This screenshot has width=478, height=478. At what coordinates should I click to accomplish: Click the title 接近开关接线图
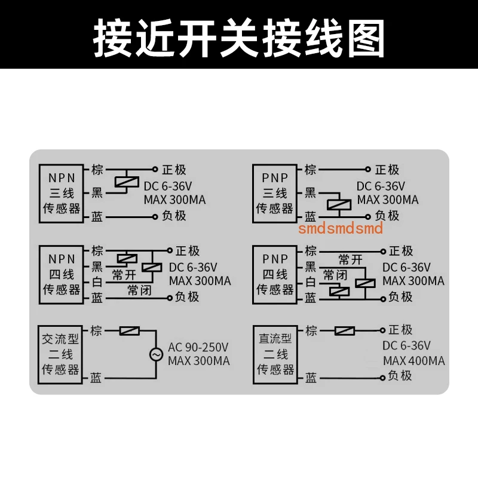238,38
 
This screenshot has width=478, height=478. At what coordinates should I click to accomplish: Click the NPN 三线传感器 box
62,194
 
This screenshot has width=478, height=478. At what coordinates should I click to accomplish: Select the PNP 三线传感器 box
275,194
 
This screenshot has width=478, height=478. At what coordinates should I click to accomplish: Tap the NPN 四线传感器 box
62,275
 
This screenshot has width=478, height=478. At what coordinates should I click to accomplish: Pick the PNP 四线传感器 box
275,275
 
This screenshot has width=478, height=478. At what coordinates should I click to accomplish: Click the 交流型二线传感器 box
60,354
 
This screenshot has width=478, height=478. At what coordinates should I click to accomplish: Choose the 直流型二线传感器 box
275,354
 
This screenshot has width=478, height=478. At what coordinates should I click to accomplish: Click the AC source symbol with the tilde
156,354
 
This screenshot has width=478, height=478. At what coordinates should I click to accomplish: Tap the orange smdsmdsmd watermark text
340,228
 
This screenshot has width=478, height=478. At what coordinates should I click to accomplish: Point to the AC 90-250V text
198,347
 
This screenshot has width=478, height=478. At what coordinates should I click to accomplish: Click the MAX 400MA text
413,361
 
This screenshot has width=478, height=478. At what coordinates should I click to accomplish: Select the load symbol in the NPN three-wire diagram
127,182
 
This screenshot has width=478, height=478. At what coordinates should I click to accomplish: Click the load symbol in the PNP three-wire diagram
339,204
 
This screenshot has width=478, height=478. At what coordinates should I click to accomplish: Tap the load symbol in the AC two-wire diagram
130,331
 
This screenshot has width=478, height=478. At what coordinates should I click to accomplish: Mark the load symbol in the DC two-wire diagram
345,331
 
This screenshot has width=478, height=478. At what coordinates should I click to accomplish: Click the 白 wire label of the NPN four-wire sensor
97,282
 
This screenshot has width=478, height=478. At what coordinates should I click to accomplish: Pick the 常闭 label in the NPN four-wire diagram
139,290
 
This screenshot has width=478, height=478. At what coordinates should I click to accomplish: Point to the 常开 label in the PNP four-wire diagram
350,260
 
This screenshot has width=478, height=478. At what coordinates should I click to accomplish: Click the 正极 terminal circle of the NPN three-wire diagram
155,169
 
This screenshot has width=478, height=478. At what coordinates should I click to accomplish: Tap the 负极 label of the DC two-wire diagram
400,376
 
